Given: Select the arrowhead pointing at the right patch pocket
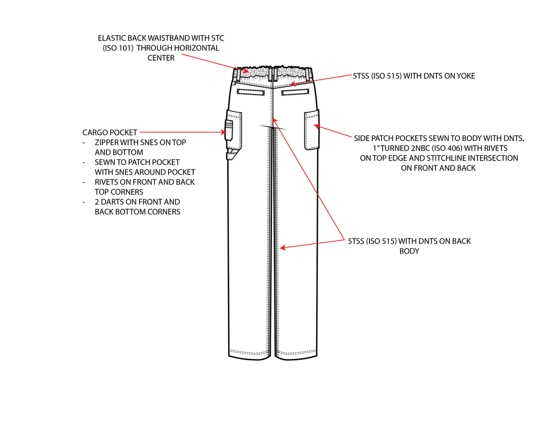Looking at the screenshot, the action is pos(317,125).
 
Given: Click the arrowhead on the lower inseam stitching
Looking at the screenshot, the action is pos(283,248).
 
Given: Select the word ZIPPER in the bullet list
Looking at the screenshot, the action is pos(107,142).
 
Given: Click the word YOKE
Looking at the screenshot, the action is pos(464,76).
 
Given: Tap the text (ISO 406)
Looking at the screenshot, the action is pos(449,148).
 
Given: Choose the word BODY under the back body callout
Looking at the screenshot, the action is pos(409,251).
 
